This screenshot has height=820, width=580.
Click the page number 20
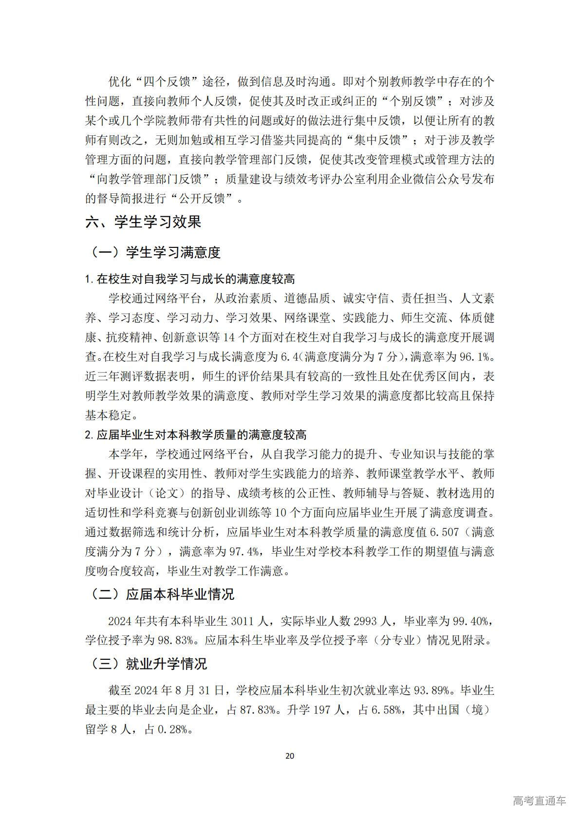tap(290, 756)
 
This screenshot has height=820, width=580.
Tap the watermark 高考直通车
tap(539, 801)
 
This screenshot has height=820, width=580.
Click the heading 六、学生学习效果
tap(143, 223)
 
